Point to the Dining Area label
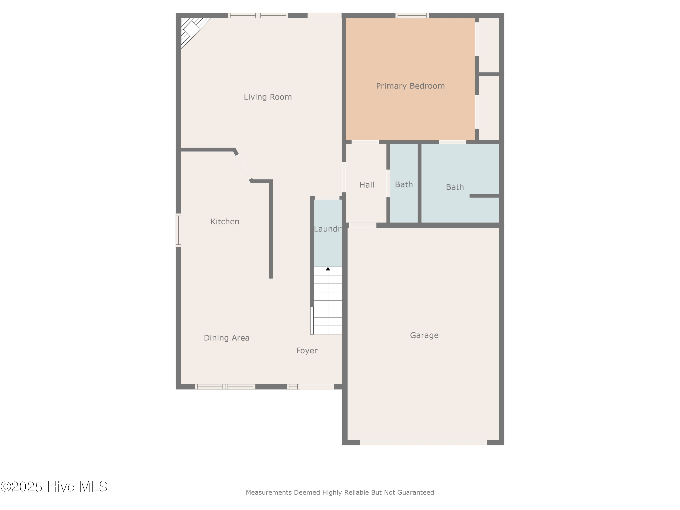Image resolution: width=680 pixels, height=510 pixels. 227,338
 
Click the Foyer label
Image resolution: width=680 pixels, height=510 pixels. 306,350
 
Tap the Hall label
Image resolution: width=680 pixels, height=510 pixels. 367,185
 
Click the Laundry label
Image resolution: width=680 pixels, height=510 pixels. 328,229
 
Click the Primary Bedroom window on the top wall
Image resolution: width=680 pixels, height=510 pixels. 412,15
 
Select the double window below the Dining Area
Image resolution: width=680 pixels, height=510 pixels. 225,387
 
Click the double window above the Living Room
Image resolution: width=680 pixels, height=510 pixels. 258,15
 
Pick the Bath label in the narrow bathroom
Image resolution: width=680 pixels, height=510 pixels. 404,185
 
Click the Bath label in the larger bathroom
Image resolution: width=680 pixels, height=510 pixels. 455,187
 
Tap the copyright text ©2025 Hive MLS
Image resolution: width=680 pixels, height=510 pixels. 54,487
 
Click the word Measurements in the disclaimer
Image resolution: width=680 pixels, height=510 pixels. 269,493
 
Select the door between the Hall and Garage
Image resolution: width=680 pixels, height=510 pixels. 362,225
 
